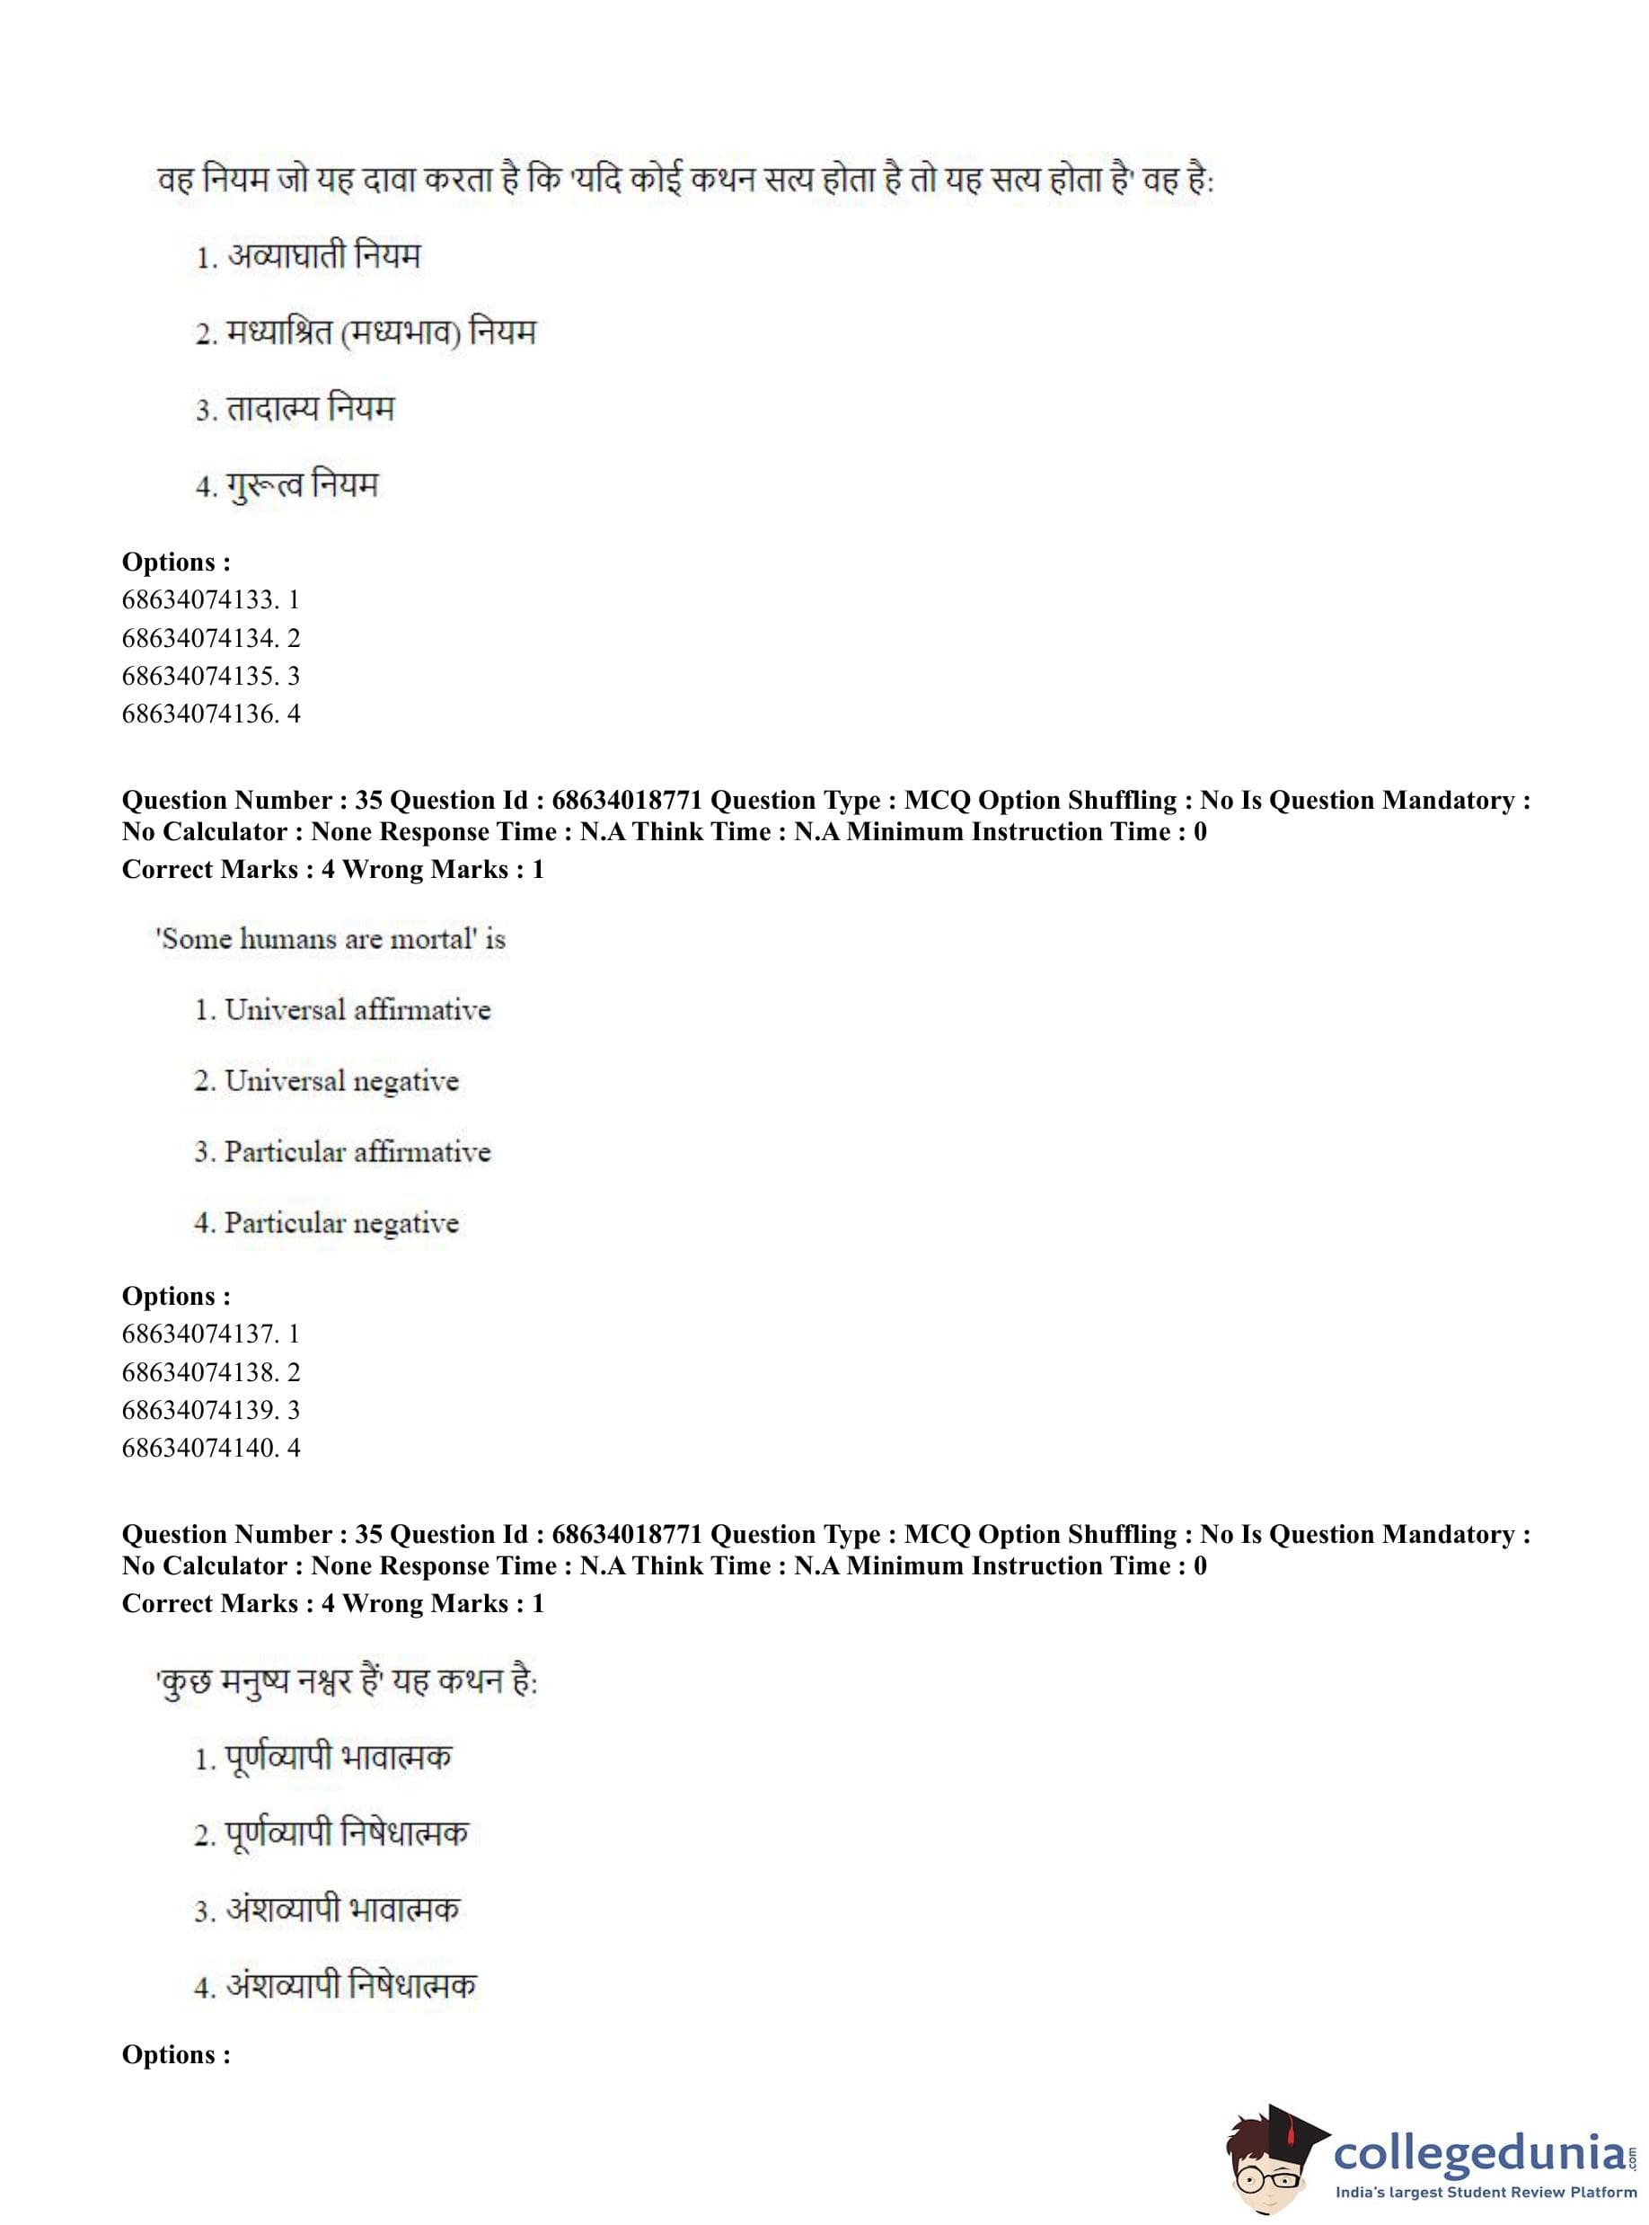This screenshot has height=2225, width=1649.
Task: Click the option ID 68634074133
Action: point(209,600)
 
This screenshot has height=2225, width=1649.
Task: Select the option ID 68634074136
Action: point(209,714)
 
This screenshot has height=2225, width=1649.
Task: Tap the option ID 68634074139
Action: point(209,1410)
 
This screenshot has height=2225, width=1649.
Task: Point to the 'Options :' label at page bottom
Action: point(176,2054)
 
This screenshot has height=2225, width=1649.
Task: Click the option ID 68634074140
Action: point(209,1448)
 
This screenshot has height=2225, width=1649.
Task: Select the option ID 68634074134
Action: point(209,638)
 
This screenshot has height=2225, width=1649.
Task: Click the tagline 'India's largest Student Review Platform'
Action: point(1486,2191)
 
